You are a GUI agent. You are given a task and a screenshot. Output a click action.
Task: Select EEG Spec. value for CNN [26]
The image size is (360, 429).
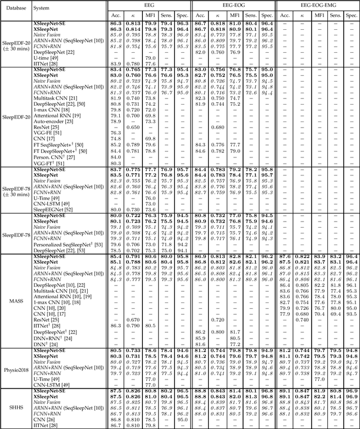(183, 419)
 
